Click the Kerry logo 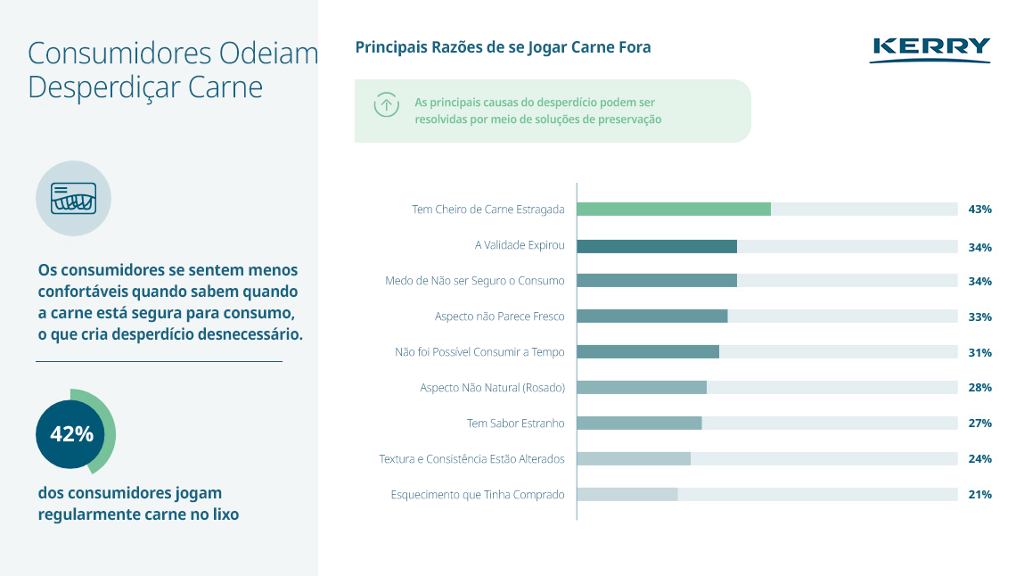(x=930, y=49)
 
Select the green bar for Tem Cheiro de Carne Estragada (x=673, y=210)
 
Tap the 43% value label (x=979, y=210)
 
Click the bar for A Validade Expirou (x=656, y=247)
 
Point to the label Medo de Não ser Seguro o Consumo (x=475, y=281)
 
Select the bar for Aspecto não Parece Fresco (x=651, y=317)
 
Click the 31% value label (x=979, y=352)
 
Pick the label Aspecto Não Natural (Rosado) (x=492, y=388)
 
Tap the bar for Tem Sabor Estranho (x=639, y=424)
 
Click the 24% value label (x=979, y=459)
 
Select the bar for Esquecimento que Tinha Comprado (x=627, y=495)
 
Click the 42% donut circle (x=72, y=434)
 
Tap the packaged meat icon (x=73, y=198)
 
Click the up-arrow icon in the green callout (x=386, y=104)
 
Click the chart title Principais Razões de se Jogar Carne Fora (x=503, y=47)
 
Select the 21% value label (x=979, y=495)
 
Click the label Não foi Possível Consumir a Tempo (x=479, y=352)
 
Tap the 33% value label (x=979, y=317)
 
